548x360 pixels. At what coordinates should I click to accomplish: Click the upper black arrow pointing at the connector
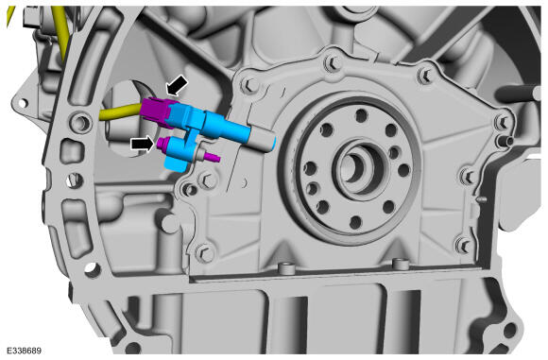(x=177, y=86)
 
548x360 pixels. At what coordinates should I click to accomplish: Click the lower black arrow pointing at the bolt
(x=143, y=144)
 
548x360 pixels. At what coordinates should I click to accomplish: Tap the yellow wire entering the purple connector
(x=121, y=111)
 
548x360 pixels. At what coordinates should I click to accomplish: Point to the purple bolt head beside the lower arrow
(x=163, y=143)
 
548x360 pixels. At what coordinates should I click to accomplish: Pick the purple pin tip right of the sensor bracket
(x=213, y=157)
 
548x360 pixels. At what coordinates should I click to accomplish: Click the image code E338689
(x=25, y=351)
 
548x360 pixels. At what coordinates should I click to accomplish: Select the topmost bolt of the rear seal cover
(x=333, y=63)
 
